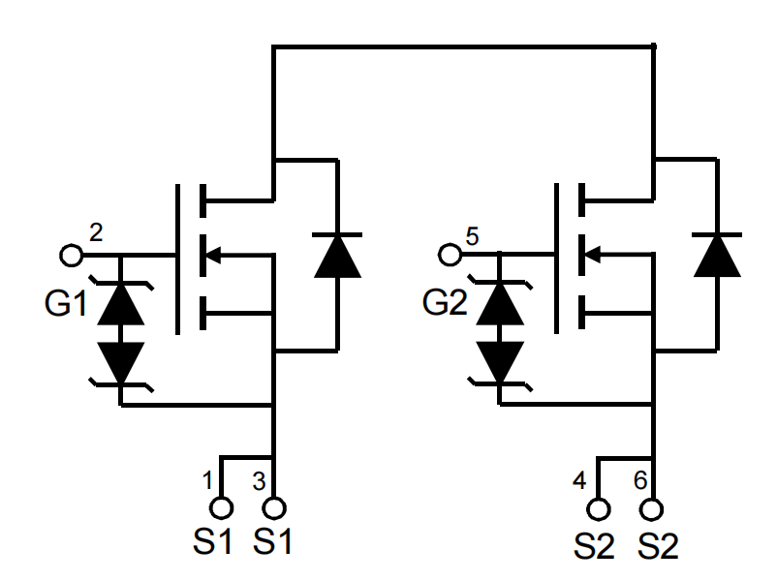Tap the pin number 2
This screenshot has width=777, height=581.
pos(95,232)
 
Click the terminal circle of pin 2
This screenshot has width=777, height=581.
pos(71,256)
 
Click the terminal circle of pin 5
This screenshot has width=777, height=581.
pos(450,256)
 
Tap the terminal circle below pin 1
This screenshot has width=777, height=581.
pos(222,507)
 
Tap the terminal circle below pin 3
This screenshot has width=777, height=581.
pos(275,507)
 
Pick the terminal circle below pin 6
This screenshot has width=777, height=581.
pos(654,507)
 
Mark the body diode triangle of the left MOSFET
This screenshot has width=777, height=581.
pos(336,258)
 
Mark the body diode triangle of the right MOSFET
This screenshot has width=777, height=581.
pos(716,258)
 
